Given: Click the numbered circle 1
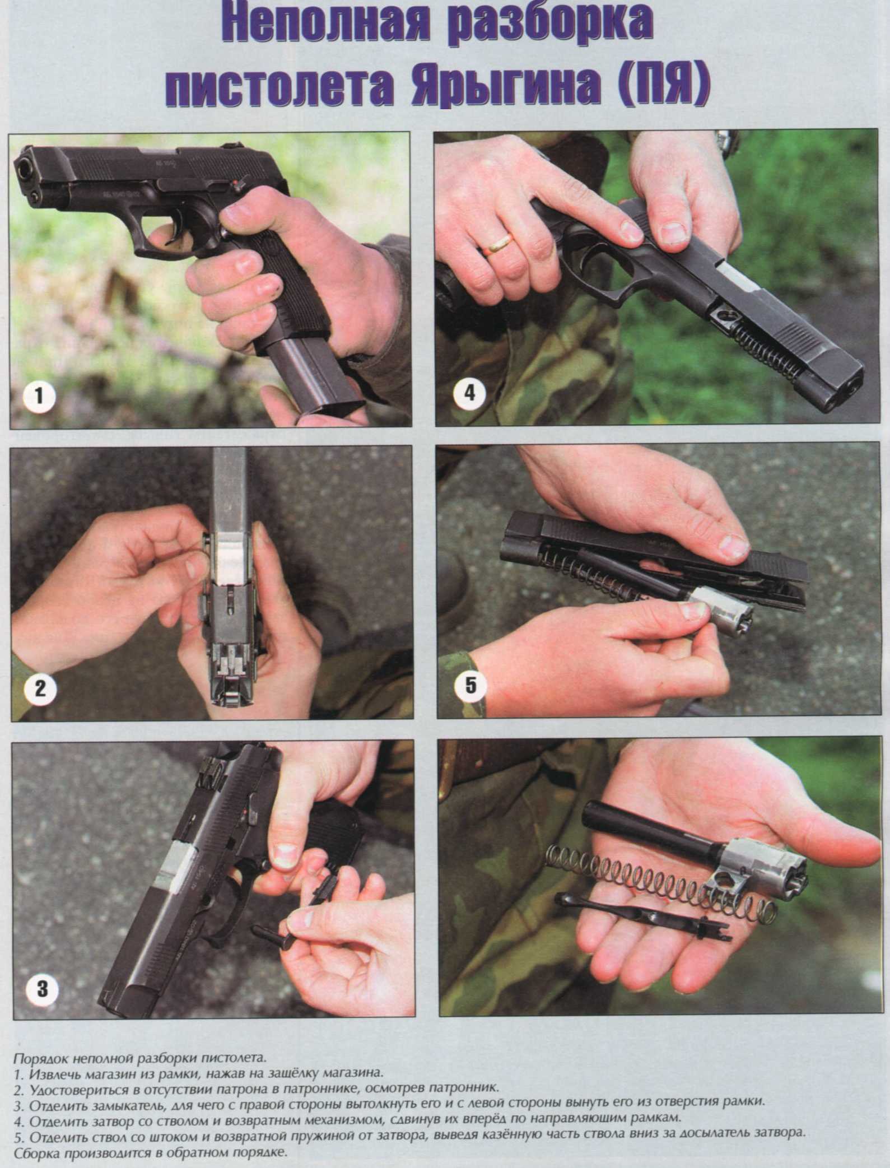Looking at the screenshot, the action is point(39,397).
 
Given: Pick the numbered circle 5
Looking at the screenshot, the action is point(470,686).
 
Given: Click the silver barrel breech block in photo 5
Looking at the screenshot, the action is point(721,611).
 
